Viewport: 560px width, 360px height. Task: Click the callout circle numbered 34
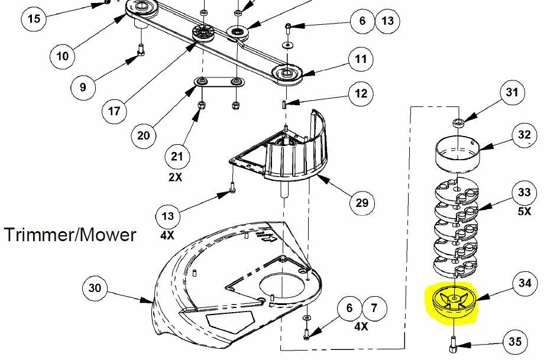525,283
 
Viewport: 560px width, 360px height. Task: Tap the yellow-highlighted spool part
453,302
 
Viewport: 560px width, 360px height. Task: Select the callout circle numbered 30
95,288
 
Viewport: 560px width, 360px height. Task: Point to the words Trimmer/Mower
70,235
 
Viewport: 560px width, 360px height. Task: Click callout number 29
362,203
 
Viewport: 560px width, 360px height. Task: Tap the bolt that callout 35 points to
453,342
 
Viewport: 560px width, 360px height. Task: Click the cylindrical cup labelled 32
457,153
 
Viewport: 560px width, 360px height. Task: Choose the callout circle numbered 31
512,92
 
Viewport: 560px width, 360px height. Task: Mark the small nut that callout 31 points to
458,122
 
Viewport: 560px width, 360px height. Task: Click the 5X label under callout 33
525,211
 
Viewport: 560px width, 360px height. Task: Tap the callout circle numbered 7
374,308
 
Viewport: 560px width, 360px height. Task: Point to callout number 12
361,93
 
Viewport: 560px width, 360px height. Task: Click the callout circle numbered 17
114,111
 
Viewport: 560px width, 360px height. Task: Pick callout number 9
83,87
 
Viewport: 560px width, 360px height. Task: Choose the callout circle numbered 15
34,18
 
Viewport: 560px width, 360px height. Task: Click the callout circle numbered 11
361,59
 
